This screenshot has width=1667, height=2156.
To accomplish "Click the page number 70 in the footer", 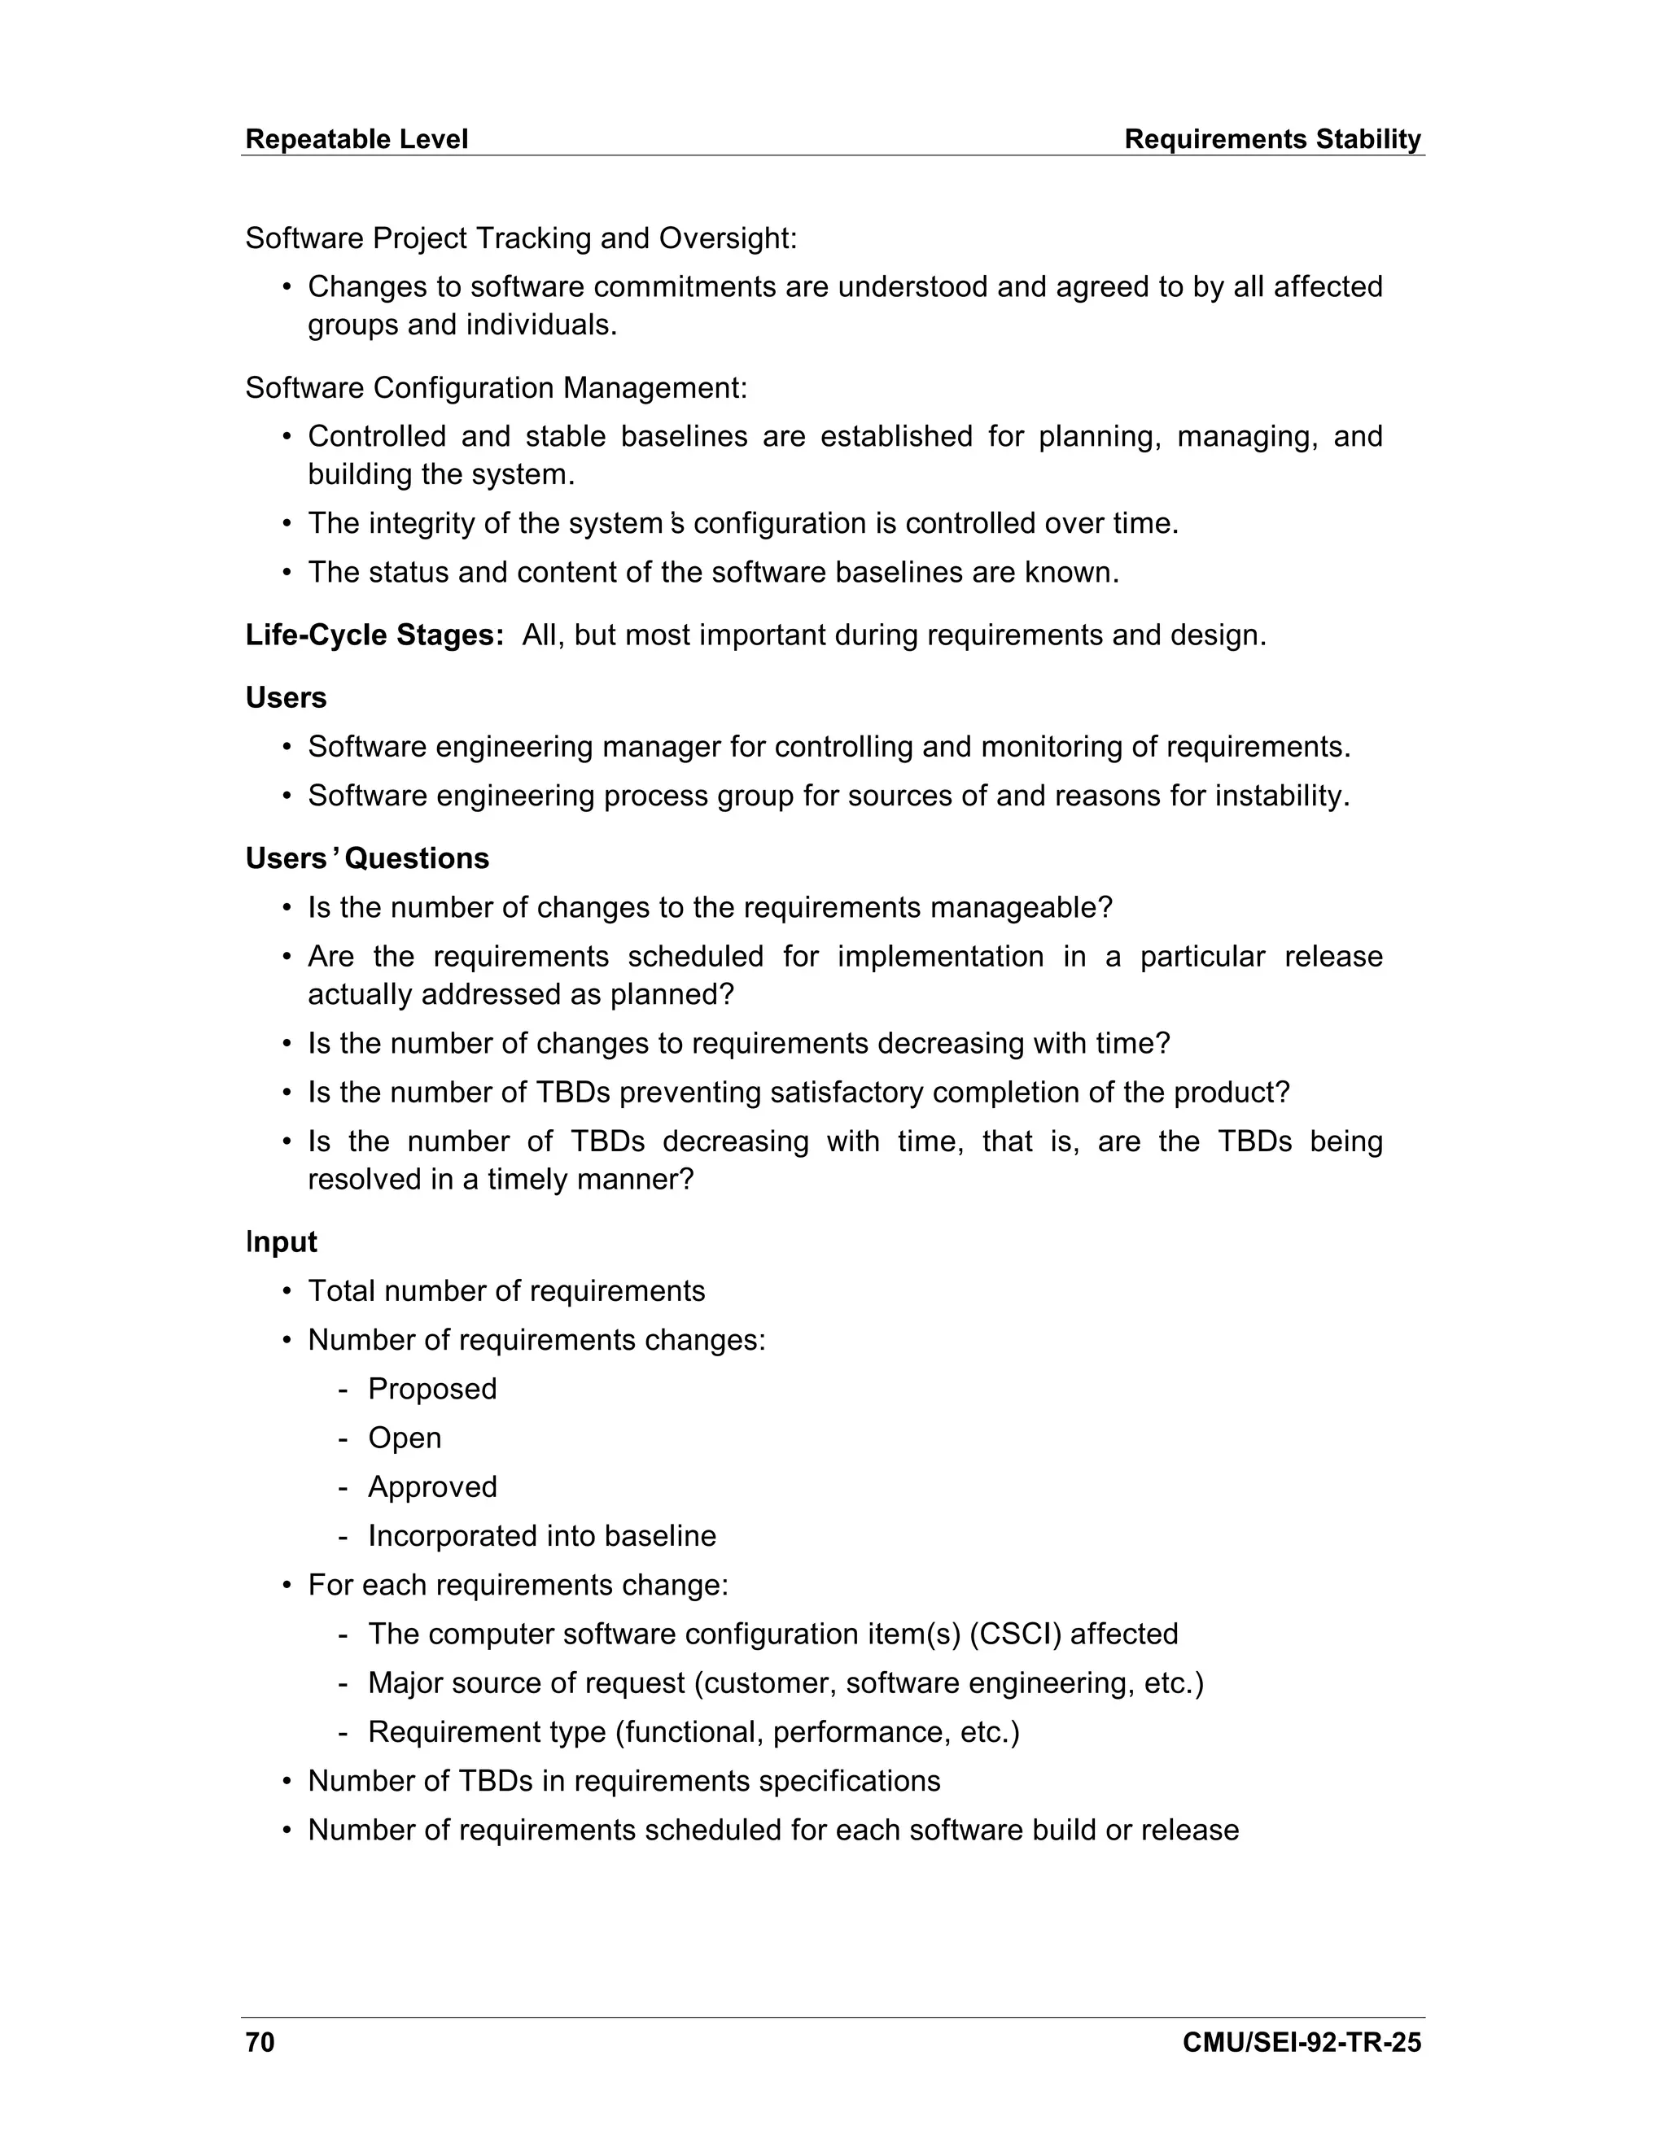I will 260,2041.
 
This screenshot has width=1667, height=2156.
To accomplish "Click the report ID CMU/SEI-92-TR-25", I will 1301,2041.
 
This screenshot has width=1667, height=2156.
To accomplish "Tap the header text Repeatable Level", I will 356,139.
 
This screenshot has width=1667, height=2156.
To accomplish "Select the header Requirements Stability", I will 1272,139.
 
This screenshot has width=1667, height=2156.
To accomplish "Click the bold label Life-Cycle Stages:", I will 374,635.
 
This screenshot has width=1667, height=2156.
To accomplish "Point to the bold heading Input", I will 282,1242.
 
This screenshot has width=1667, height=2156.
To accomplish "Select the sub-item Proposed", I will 431,1389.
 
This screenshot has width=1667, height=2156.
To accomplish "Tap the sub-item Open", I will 404,1438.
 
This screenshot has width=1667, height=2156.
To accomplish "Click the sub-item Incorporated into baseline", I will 541,1536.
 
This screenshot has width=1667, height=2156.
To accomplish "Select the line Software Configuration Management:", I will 496,388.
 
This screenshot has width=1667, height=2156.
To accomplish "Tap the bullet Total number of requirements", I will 505,1291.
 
